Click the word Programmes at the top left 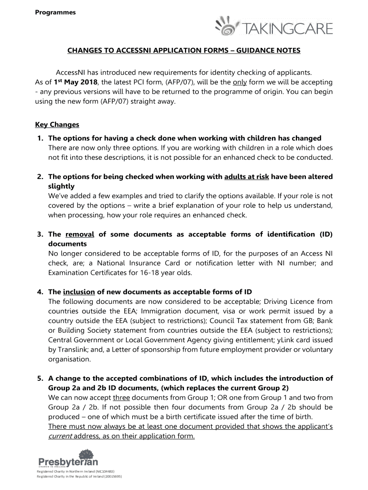pos(55,12)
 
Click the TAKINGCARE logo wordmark pos(289,29)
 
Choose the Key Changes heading pos(57,124)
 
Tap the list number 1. pos(40,138)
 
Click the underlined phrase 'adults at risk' pos(247,177)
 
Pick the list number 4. pos(40,291)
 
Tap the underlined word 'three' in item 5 pos(121,398)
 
